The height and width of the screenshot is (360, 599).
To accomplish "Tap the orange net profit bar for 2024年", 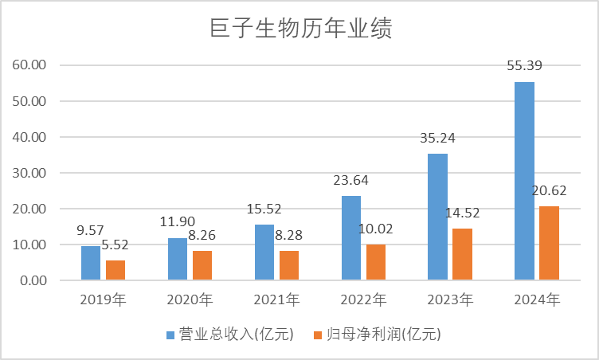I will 550,243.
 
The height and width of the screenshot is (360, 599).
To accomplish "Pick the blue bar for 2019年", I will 91,263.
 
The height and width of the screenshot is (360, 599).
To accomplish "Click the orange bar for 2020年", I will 202,265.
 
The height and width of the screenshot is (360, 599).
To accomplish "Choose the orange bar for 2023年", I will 463,254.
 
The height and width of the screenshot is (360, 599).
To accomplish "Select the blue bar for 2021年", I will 264,252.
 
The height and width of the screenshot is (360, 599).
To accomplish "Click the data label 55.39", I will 524,65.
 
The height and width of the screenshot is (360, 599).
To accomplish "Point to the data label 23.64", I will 351,180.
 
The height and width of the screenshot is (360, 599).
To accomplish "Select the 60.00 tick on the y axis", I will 31,65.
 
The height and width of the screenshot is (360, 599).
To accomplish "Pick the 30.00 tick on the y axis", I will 31,173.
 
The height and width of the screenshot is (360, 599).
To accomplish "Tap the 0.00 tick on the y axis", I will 34,280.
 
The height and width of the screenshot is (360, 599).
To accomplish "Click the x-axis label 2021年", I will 277,300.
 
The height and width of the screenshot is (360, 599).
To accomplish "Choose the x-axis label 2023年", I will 450,300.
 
